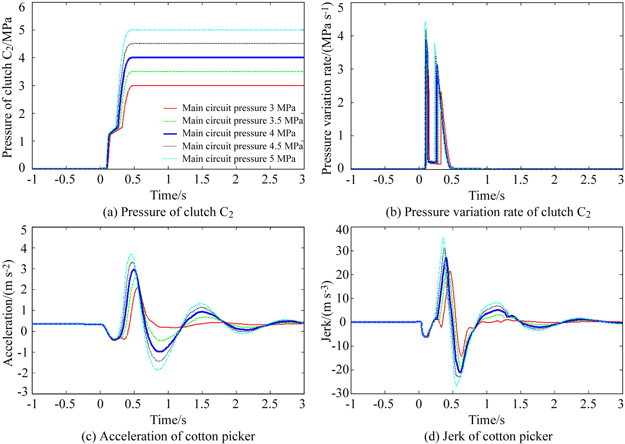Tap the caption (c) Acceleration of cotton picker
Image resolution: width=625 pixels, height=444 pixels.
click(x=168, y=436)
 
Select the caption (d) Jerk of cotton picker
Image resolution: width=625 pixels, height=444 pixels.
click(x=488, y=436)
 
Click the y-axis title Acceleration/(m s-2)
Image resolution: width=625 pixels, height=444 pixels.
click(x=8, y=312)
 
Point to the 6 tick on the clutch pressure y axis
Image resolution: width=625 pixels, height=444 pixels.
click(x=22, y=7)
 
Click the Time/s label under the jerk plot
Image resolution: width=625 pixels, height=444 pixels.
click(x=486, y=420)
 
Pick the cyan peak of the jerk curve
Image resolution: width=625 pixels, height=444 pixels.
click(x=443, y=238)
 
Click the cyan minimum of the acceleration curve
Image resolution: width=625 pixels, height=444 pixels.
click(x=158, y=370)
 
